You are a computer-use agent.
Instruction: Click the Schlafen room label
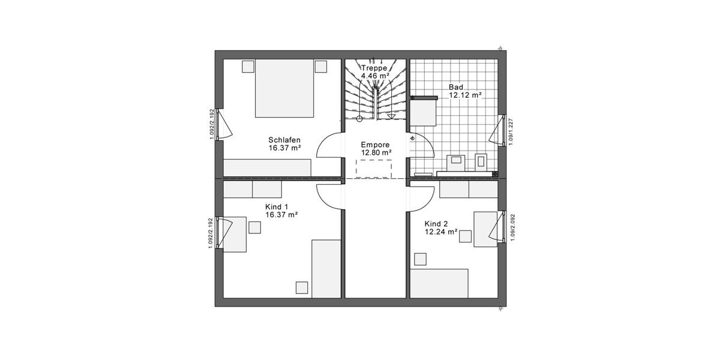284,140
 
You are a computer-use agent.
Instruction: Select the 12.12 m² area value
466,95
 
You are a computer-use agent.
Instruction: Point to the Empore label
376,145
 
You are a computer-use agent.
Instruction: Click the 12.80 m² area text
376,153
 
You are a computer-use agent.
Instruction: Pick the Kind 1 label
277,206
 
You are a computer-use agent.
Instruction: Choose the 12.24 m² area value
441,231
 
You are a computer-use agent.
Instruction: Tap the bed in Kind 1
326,268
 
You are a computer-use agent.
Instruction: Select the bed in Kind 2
439,283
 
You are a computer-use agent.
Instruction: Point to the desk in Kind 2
485,229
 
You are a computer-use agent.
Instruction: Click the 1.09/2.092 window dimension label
512,228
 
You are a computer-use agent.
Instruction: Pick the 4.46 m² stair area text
376,76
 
